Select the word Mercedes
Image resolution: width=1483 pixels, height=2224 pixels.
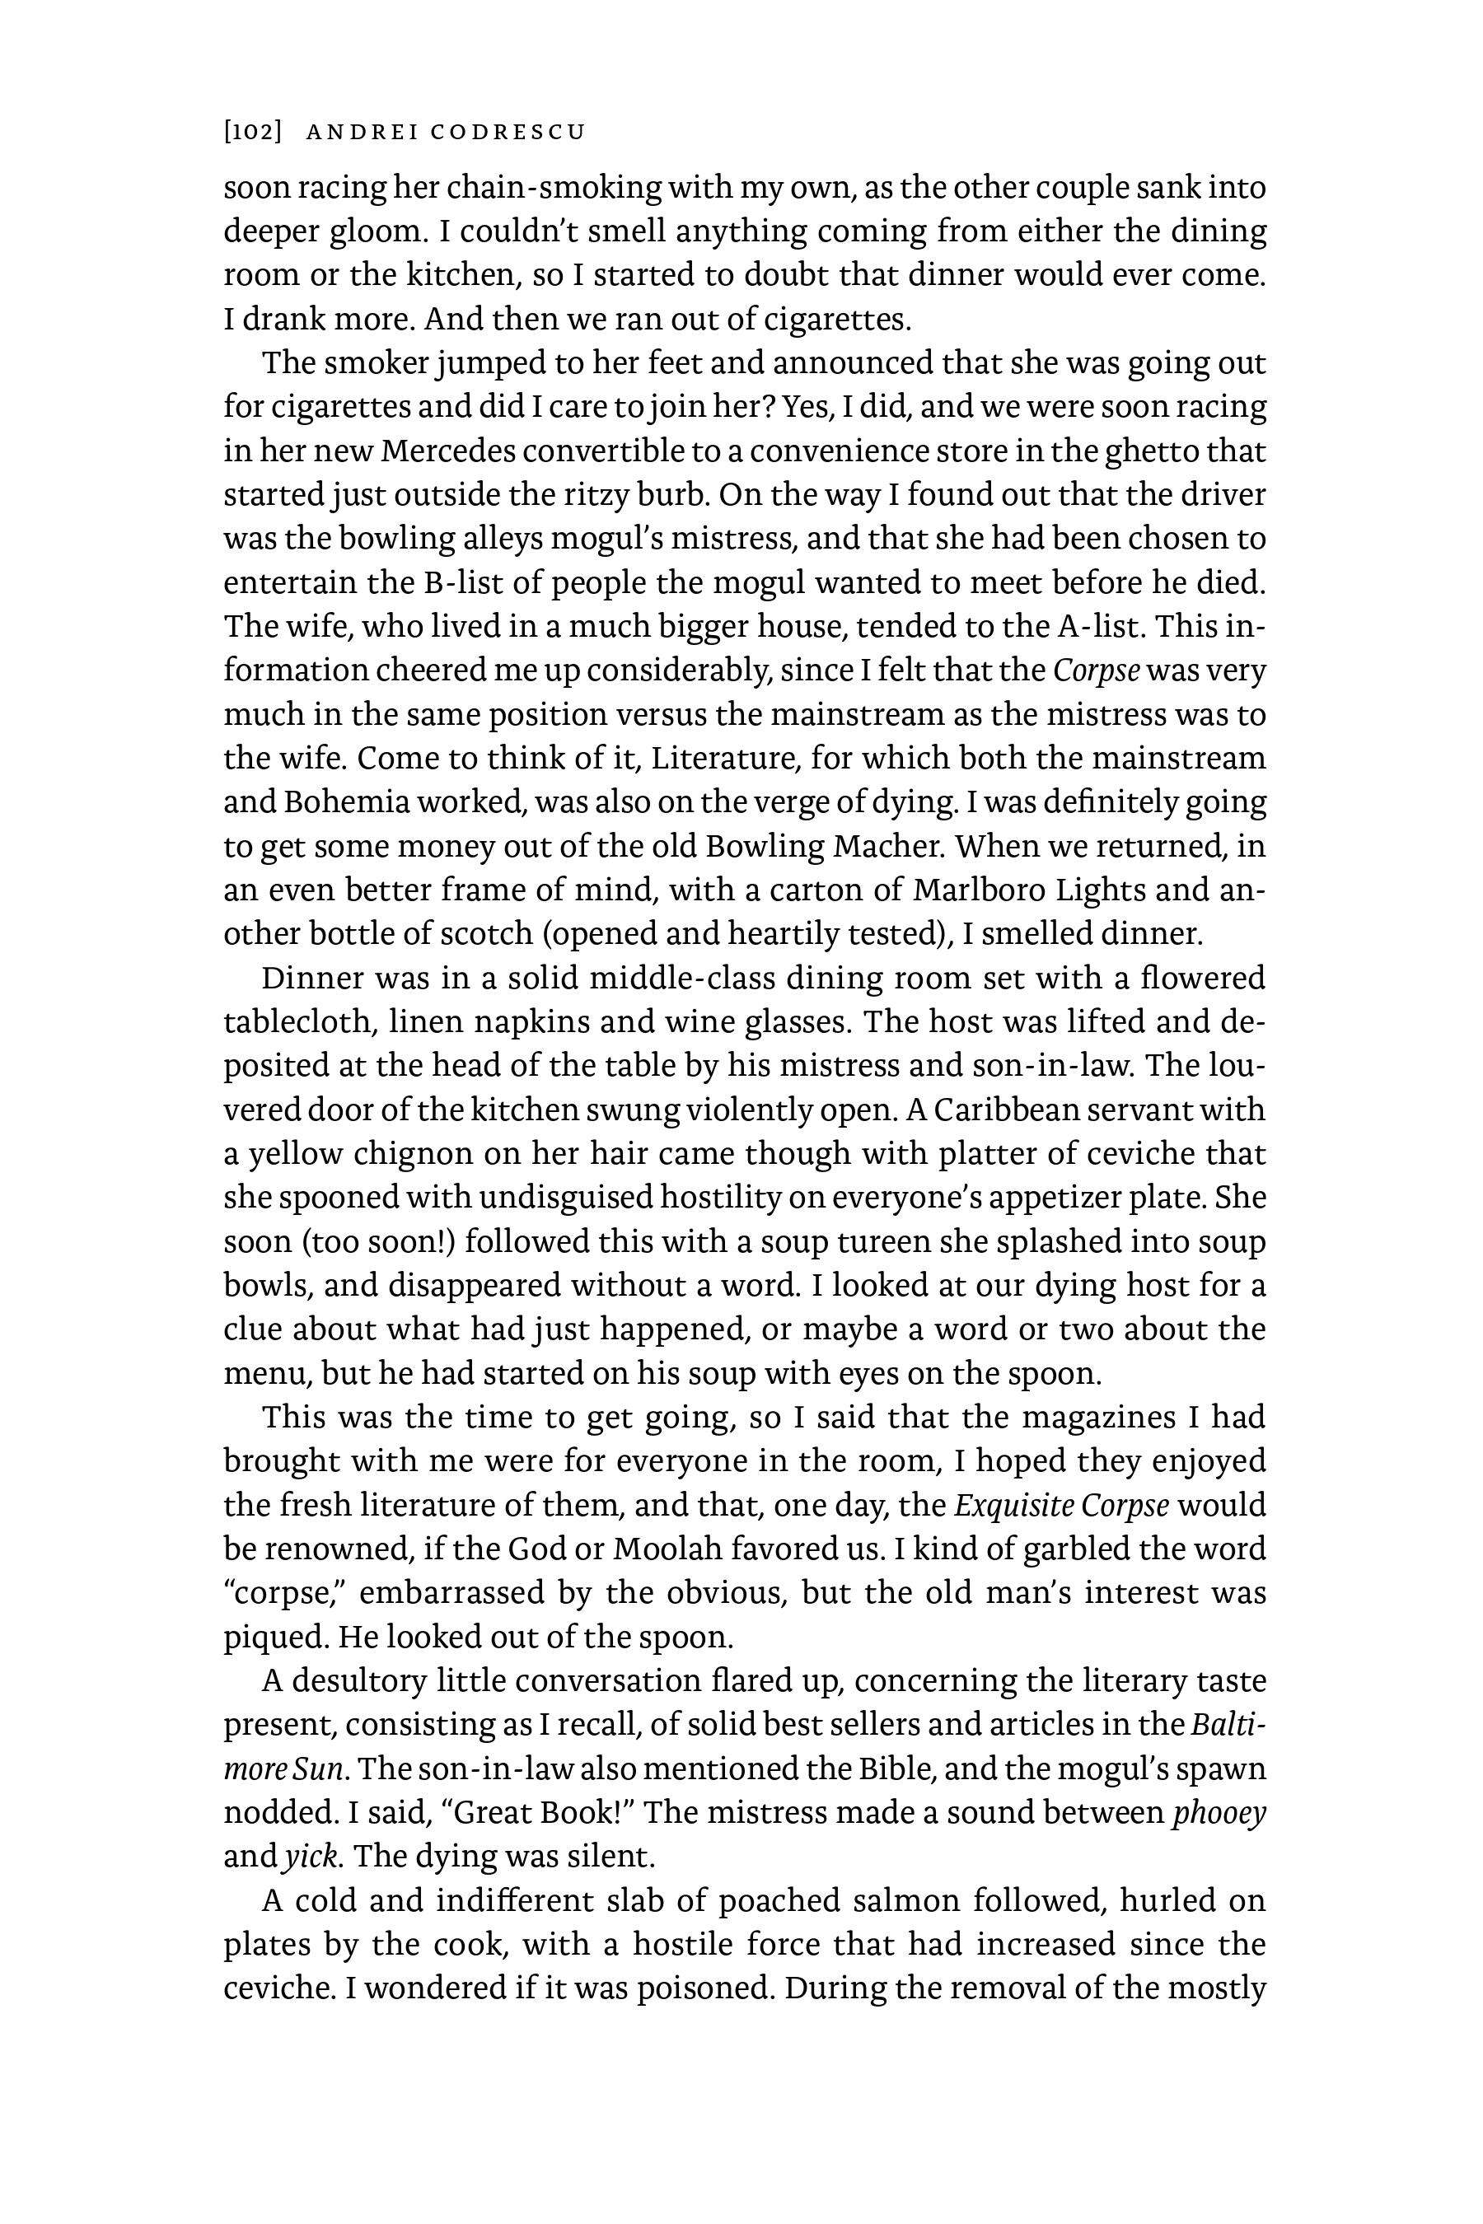449,451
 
